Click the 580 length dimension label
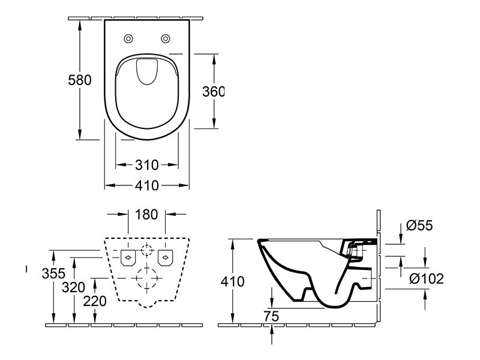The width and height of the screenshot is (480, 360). pyautogui.click(x=80, y=80)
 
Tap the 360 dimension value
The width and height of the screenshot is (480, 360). pyautogui.click(x=214, y=92)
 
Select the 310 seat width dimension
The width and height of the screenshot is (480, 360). pyautogui.click(x=147, y=166)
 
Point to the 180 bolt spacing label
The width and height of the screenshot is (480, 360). pyautogui.click(x=146, y=215)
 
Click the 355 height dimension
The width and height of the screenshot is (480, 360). pyautogui.click(x=53, y=274)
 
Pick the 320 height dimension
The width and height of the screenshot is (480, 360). pyautogui.click(x=73, y=287)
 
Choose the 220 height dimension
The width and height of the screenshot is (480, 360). pyautogui.click(x=95, y=301)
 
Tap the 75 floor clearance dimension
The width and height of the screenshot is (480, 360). pyautogui.click(x=271, y=316)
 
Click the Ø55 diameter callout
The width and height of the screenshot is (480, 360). pyautogui.click(x=419, y=226)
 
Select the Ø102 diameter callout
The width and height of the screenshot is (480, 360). pyautogui.click(x=427, y=278)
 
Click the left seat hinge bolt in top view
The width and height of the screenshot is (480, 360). pyautogui.click(x=128, y=38)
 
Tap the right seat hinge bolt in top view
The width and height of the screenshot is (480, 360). pyautogui.click(x=166, y=38)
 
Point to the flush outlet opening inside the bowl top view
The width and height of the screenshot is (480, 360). pyautogui.click(x=147, y=71)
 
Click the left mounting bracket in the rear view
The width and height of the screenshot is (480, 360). pyautogui.click(x=128, y=257)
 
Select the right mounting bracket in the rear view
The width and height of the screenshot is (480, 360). pyautogui.click(x=166, y=257)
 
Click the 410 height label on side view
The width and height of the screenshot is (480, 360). pyautogui.click(x=232, y=281)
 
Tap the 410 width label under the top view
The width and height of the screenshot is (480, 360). pyautogui.click(x=147, y=185)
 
